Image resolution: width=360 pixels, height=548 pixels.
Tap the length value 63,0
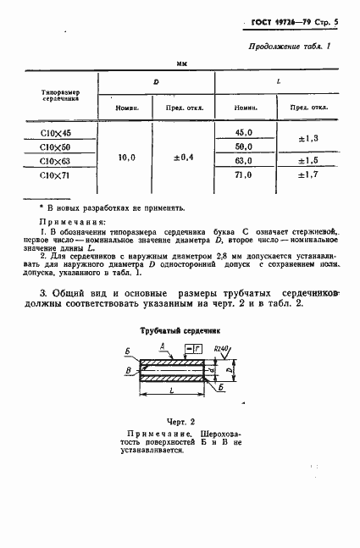[244, 160]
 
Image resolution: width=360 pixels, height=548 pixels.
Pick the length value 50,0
[244, 147]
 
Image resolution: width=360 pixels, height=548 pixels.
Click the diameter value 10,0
[125, 158]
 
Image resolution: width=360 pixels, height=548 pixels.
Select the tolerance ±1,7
[309, 174]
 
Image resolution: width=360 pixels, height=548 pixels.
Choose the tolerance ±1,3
[309, 139]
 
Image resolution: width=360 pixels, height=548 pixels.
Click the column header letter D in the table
[156, 82]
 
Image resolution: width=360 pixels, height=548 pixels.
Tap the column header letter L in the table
[280, 82]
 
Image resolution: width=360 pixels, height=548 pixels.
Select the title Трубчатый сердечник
[180, 334]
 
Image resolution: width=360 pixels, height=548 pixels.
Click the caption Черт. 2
[180, 421]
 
